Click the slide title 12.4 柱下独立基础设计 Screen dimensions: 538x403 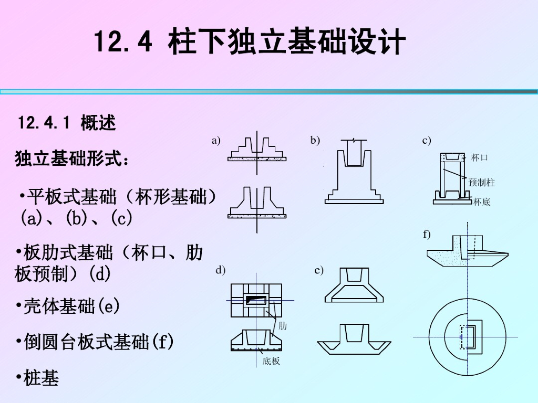click(x=250, y=43)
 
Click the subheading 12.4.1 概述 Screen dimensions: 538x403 click(x=67, y=123)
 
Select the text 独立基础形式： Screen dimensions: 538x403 click(x=72, y=158)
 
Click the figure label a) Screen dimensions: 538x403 click(x=216, y=140)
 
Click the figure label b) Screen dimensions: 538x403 click(x=315, y=140)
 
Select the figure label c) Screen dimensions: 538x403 click(x=426, y=140)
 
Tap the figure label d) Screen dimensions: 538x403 click(x=221, y=270)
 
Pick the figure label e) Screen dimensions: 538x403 click(x=319, y=270)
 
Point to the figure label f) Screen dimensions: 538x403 click(x=427, y=234)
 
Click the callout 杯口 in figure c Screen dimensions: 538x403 click(x=480, y=157)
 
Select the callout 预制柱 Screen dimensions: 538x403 click(x=482, y=183)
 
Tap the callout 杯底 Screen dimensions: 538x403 click(x=481, y=201)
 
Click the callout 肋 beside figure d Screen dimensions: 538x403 click(x=283, y=326)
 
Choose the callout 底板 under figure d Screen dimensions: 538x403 click(x=271, y=361)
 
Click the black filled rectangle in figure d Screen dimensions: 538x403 click(x=256, y=300)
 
